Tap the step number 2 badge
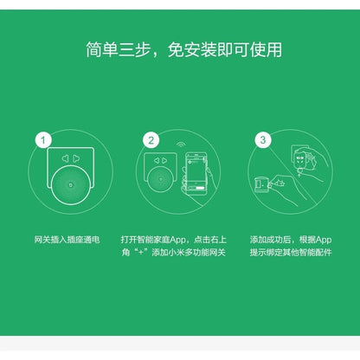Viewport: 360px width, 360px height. (x=151, y=138)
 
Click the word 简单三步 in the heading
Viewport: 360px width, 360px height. (x=116, y=48)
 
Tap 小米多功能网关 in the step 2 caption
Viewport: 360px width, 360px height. (x=195, y=253)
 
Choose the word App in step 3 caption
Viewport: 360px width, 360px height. (x=323, y=239)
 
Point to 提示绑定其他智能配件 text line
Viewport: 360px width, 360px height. (x=290, y=253)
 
